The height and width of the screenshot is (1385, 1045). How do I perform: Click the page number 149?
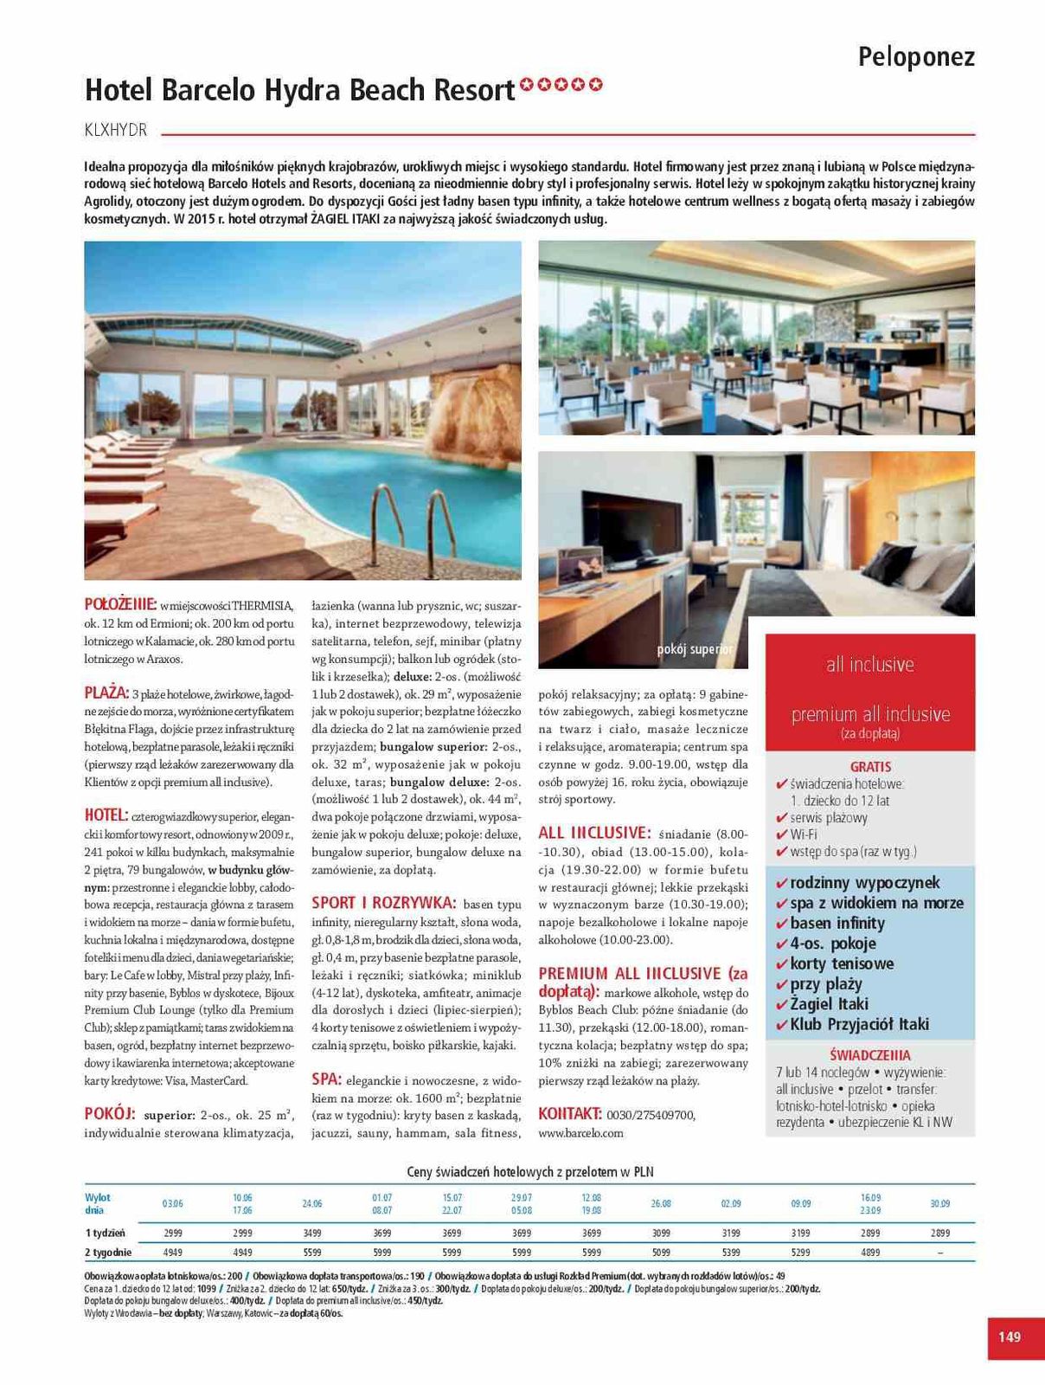[1010, 1337]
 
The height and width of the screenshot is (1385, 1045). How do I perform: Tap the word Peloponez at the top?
[916, 57]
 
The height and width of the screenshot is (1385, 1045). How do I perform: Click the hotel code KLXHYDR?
[116, 131]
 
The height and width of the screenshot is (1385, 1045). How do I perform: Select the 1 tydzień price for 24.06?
[312, 1233]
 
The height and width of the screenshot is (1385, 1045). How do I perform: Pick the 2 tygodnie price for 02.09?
[731, 1252]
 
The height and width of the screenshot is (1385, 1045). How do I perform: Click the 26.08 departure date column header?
[661, 1203]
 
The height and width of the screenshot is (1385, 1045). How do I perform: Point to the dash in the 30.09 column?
[940, 1253]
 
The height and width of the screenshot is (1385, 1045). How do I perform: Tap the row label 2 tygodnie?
[108, 1252]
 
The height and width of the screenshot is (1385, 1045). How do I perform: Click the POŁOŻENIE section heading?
[120, 604]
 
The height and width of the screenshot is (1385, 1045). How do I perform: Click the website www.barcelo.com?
[580, 1132]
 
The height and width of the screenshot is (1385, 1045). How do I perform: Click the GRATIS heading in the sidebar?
[870, 767]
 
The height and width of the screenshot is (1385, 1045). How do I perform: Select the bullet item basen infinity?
[837, 923]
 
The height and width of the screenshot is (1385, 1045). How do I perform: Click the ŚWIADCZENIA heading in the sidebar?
[869, 1055]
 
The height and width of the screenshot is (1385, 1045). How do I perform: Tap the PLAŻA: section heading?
[106, 692]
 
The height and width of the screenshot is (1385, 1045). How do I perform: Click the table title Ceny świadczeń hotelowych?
[530, 1172]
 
